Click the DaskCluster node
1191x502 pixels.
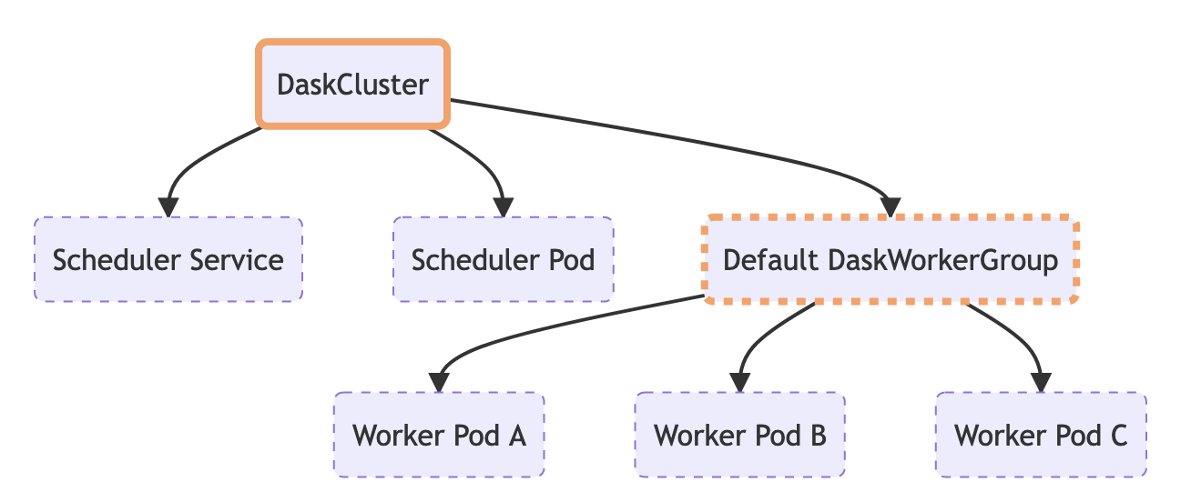(352, 85)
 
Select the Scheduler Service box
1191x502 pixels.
(168, 260)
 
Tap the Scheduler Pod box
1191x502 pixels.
(503, 260)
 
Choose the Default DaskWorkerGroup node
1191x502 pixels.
(890, 260)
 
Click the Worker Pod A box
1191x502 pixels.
(439, 435)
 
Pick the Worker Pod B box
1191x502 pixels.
(739, 435)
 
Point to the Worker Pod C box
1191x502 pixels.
(1041, 435)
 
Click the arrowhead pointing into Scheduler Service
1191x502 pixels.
(168, 206)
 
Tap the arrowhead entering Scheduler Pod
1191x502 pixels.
(503, 206)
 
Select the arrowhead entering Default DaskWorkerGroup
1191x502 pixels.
(890, 206)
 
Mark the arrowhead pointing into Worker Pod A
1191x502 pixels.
(439, 382)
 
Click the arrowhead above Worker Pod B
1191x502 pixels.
(739, 382)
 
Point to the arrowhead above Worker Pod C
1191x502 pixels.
(1041, 382)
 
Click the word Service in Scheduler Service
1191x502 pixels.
(240, 260)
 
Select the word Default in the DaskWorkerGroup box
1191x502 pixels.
(769, 260)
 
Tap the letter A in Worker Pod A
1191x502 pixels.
(516, 435)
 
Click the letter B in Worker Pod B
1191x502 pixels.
(817, 435)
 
